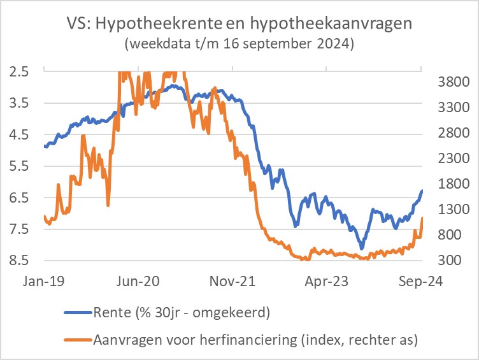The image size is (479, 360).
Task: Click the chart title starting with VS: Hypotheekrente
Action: click(x=240, y=24)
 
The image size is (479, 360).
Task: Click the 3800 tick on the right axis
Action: click(x=453, y=82)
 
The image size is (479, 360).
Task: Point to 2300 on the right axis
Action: click(x=453, y=158)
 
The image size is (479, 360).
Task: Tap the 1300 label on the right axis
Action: click(x=453, y=209)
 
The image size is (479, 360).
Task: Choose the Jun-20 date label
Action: click(x=139, y=280)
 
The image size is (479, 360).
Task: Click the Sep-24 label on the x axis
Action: click(x=422, y=280)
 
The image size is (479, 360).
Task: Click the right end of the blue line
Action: click(x=422, y=191)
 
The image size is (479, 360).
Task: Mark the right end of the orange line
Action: click(x=422, y=219)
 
